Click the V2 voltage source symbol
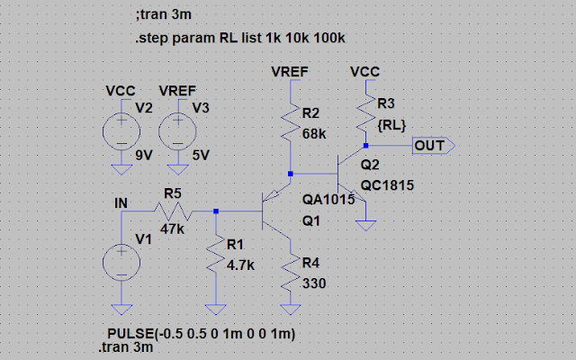pyautogui.click(x=119, y=133)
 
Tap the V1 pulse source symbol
pyautogui.click(x=119, y=264)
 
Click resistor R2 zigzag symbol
pyautogui.click(x=290, y=122)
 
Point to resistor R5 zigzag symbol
pyautogui.click(x=171, y=211)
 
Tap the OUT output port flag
pyautogui.click(x=434, y=144)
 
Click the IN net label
pyautogui.click(x=121, y=203)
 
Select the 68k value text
pyautogui.click(x=314, y=133)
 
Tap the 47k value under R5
pyautogui.click(x=174, y=229)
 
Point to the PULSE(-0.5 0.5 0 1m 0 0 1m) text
pyautogui.click(x=202, y=334)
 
